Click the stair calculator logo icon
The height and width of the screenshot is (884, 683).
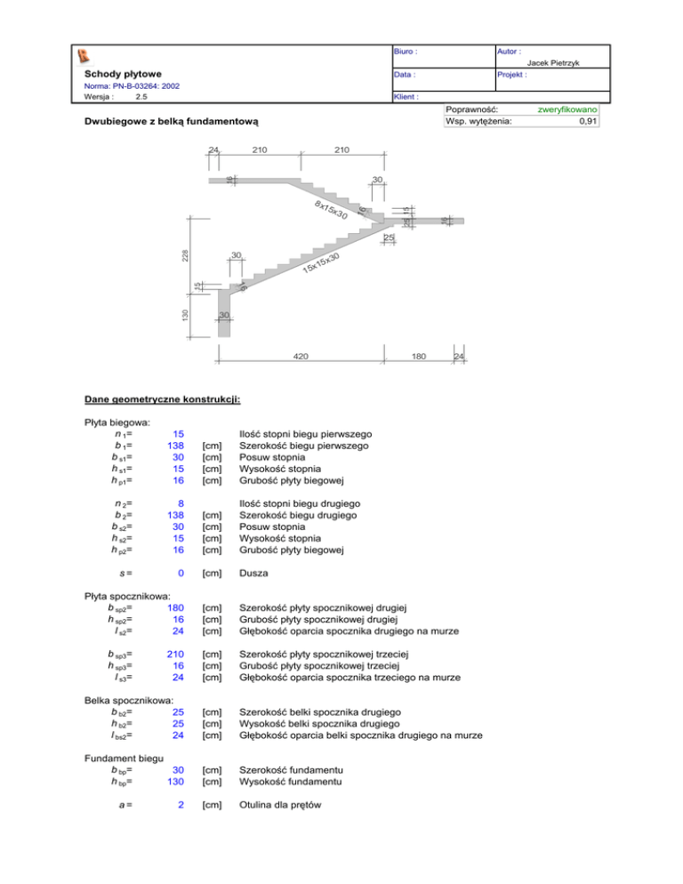click(84, 57)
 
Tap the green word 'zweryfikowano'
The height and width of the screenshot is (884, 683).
click(567, 109)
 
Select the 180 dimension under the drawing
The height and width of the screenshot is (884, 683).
click(419, 357)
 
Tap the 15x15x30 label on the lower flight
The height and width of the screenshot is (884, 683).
click(321, 264)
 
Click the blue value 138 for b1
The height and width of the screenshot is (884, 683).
click(175, 446)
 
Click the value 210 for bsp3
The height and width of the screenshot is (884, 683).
click(175, 655)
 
